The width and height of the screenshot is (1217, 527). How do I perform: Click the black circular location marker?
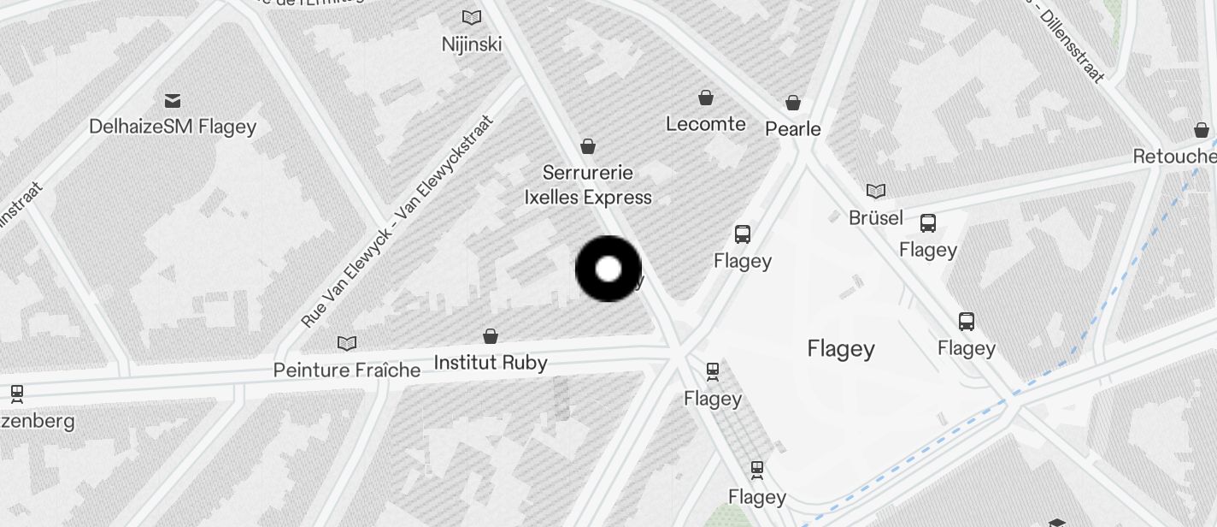[608, 269]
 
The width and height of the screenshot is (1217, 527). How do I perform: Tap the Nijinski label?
[472, 44]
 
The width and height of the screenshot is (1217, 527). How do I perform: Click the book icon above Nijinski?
[472, 17]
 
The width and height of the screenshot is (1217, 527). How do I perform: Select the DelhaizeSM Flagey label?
[173, 127]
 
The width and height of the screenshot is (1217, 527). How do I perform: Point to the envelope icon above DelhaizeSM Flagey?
[173, 101]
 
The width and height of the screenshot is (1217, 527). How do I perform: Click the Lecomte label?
[706, 124]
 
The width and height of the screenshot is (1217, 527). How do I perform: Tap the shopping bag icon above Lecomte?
[706, 98]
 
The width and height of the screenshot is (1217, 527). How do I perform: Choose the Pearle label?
[793, 129]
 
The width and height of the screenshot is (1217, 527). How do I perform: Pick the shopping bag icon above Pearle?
[793, 104]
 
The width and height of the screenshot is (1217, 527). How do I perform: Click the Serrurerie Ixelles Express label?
[588, 185]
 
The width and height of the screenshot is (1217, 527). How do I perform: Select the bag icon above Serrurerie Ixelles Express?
[588, 146]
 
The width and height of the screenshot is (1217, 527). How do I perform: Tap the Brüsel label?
[876, 218]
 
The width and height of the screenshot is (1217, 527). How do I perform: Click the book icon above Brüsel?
[876, 191]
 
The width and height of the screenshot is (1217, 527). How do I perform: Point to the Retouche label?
[1174, 157]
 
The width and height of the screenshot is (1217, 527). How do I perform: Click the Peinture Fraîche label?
[347, 370]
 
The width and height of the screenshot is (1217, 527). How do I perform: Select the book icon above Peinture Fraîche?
[347, 344]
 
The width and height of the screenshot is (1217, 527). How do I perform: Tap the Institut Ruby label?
[491, 363]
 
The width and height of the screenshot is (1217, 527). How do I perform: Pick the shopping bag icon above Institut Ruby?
[491, 336]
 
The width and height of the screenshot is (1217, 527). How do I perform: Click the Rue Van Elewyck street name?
[398, 222]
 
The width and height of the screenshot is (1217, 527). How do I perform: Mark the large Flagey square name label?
[841, 349]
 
